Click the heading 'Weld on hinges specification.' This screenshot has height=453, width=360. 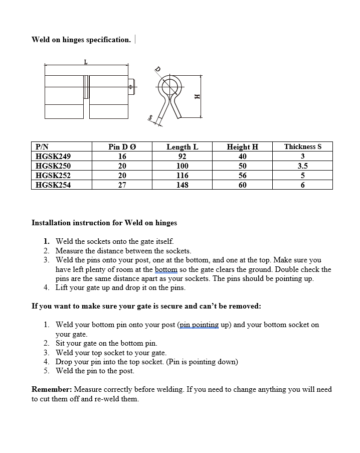[81, 40]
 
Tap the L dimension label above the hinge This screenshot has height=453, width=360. [86, 62]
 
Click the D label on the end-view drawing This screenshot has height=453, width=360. [157, 70]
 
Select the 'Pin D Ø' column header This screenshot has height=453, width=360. [122, 146]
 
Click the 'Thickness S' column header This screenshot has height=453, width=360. [302, 146]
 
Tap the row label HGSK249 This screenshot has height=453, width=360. [53, 156]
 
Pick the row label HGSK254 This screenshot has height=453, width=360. [53, 185]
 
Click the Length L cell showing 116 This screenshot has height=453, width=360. [182, 175]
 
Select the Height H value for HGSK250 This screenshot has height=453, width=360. [242, 166]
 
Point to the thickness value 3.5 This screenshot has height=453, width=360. [302, 166]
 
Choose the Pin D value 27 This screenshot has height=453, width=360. [122, 185]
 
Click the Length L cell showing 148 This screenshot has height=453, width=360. [182, 185]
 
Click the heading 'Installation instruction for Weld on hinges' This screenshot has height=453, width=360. [104, 222]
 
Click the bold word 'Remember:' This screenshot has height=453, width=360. [52, 389]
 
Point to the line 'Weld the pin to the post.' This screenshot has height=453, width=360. [95, 371]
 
